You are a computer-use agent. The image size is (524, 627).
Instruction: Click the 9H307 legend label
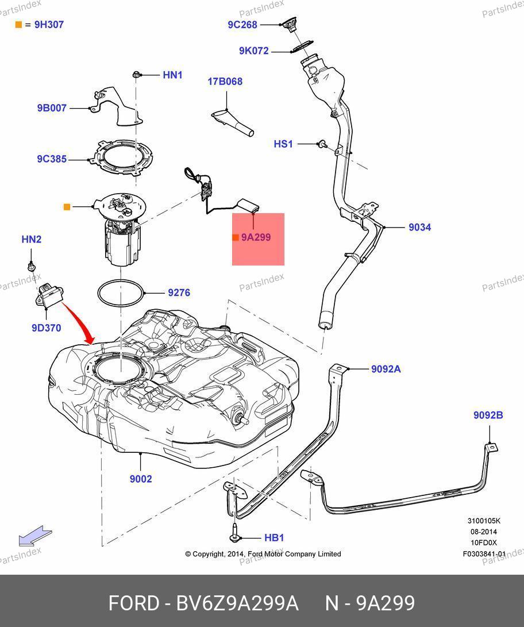(49, 25)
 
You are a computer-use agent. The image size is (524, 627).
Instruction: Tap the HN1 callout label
(172, 75)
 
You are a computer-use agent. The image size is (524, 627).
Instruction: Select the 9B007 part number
(52, 107)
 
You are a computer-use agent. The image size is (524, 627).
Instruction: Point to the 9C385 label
(52, 159)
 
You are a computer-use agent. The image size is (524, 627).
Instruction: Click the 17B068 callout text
(225, 82)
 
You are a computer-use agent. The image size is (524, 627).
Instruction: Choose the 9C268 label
(242, 25)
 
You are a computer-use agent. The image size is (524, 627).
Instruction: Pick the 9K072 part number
(254, 51)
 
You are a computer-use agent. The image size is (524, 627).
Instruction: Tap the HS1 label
(283, 144)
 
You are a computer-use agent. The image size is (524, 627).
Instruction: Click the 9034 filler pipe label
(419, 228)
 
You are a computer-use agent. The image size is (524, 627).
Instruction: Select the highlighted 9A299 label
(256, 237)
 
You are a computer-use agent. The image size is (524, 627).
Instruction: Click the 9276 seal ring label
(179, 293)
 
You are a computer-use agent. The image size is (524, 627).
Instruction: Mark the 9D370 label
(46, 328)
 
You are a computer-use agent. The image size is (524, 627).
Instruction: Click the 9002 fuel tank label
(141, 479)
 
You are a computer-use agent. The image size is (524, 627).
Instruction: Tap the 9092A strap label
(386, 369)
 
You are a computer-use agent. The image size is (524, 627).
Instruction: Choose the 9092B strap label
(488, 415)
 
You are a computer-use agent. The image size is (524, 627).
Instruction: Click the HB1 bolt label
(274, 538)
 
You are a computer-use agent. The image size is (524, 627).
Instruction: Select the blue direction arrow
(35, 536)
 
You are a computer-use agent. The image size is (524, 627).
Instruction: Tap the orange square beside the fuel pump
(67, 207)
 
